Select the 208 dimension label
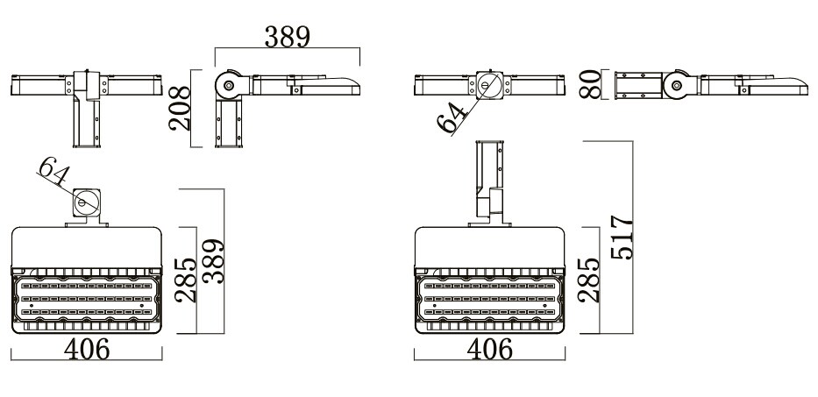point(180,108)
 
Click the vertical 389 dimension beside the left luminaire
point(213,263)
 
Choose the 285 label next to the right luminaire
point(592,279)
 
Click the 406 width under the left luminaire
point(87,349)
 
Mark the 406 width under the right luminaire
point(489,349)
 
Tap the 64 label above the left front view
point(53,173)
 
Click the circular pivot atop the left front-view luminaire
point(85,203)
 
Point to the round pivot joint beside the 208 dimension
point(229,85)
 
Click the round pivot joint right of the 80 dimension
point(675,85)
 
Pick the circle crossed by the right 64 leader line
point(488,85)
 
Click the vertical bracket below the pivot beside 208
point(230,123)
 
